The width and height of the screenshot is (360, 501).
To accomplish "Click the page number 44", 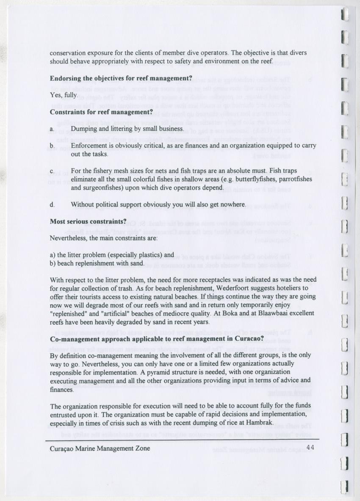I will [x=310, y=447].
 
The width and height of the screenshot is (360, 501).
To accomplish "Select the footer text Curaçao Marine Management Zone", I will [x=100, y=448].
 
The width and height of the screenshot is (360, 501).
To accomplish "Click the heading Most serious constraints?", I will [x=89, y=221].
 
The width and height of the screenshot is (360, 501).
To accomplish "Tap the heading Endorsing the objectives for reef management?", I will [x=121, y=78].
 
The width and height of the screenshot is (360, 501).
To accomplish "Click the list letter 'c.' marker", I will [x=53, y=171].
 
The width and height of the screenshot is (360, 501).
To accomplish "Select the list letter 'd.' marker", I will [x=53, y=205].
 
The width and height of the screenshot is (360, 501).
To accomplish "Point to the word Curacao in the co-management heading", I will [x=248, y=339].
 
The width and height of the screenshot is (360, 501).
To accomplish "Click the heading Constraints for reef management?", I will [x=101, y=112].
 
